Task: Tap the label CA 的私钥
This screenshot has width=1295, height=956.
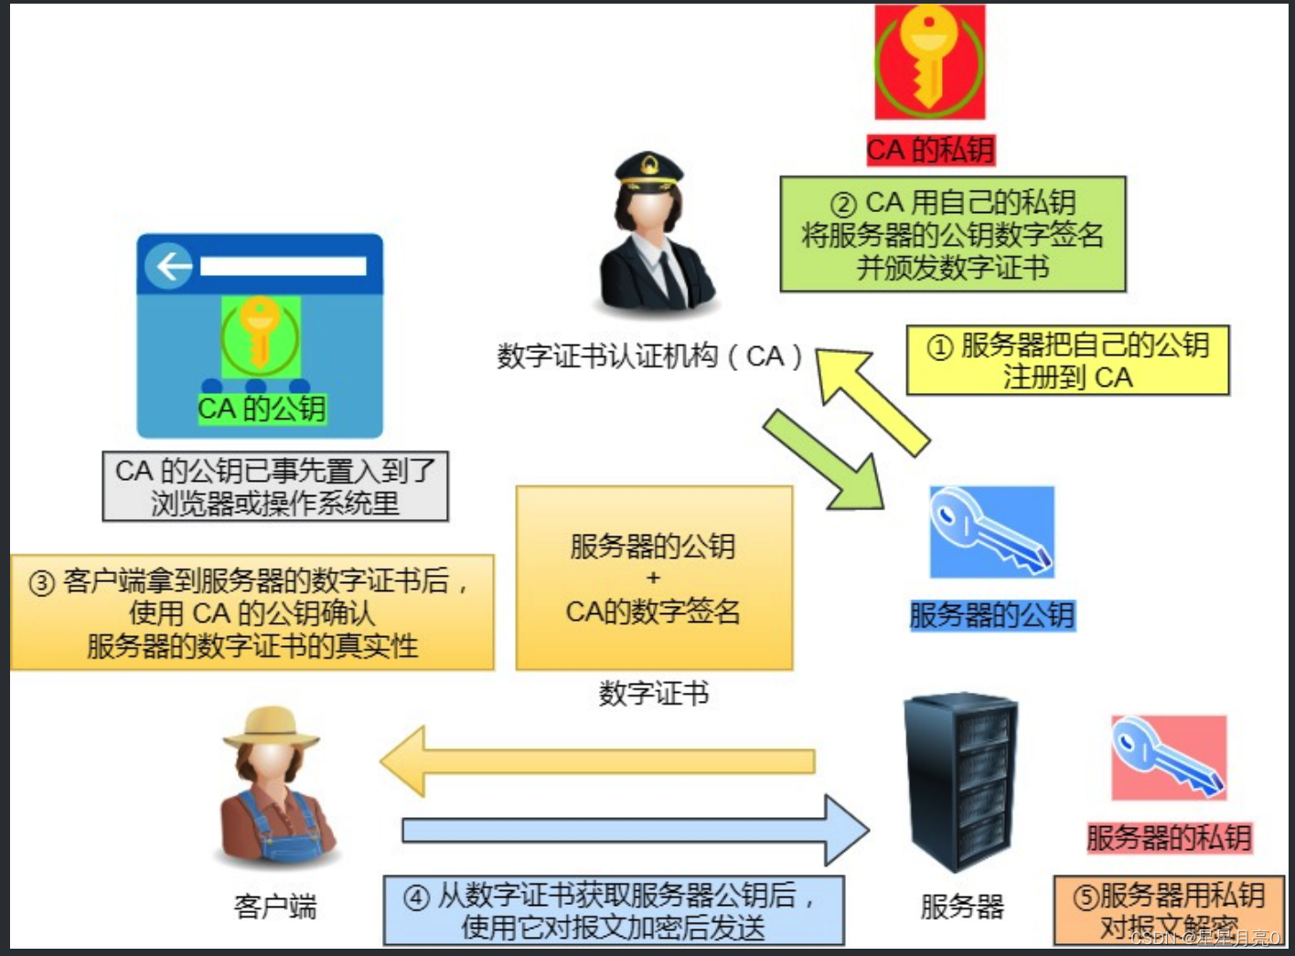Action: (930, 150)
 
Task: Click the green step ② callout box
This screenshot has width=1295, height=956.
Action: (952, 235)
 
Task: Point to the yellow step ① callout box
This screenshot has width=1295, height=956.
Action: (1067, 360)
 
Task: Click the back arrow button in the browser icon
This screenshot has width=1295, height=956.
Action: (170, 266)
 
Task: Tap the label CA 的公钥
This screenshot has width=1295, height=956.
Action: (262, 409)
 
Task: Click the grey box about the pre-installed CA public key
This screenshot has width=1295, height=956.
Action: (275, 486)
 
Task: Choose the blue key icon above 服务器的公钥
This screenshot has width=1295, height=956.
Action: (991, 532)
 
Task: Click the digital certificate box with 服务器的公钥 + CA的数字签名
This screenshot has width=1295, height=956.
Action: (654, 578)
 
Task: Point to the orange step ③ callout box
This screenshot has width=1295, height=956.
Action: (252, 612)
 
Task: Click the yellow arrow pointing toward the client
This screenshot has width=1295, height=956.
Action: (594, 760)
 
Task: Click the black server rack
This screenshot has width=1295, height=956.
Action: (960, 781)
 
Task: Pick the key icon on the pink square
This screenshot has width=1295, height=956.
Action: (1168, 758)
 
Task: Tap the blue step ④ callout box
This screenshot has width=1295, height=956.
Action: (613, 910)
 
